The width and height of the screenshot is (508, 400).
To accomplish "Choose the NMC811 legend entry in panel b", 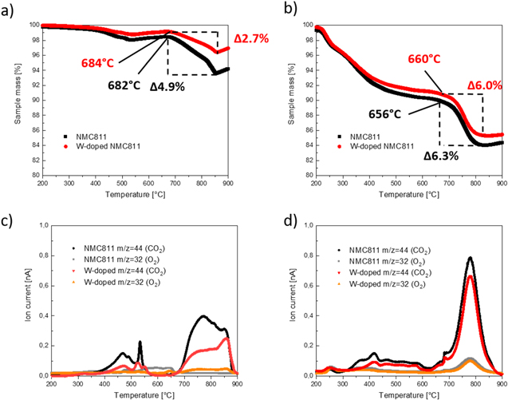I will [x=358, y=136].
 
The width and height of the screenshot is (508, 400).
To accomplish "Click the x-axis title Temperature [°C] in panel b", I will [x=408, y=195].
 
